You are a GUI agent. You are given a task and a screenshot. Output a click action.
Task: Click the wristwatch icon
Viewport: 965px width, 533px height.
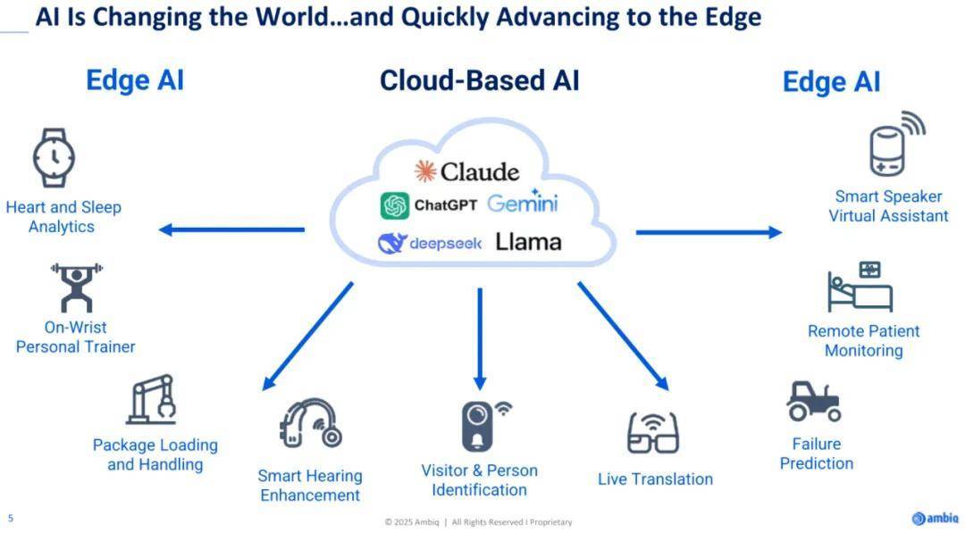tap(55, 158)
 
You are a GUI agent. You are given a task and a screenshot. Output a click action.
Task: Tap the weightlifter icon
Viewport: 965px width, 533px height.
tap(76, 287)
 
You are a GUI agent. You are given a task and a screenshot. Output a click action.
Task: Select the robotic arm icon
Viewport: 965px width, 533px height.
tap(151, 400)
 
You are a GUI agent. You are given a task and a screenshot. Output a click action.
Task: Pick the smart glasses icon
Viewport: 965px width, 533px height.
tap(653, 433)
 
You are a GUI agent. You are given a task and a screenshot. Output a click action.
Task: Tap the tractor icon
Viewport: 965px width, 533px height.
tap(814, 402)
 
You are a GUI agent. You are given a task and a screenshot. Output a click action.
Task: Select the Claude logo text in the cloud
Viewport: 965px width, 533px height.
tap(480, 171)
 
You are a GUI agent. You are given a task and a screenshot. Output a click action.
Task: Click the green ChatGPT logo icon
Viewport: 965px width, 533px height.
tap(395, 205)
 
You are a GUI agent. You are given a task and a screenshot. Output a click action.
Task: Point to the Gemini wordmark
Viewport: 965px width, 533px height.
tap(523, 202)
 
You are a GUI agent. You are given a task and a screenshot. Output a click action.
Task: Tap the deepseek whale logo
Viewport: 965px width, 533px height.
tap(392, 244)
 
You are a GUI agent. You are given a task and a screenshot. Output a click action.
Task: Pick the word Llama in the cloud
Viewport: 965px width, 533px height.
tap(529, 242)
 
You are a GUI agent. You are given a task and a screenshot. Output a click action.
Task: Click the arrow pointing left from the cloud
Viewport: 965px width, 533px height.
tap(231, 230)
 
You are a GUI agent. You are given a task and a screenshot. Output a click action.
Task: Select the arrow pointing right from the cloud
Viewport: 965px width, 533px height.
tap(709, 232)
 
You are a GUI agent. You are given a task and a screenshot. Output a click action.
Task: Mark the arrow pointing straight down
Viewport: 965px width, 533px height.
tap(480, 338)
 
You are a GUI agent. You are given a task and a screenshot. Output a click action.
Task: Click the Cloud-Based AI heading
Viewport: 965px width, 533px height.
tap(480, 80)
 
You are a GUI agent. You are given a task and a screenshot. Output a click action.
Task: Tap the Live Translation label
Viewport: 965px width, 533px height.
tap(656, 479)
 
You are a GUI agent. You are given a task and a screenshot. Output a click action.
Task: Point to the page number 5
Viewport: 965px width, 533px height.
tap(11, 518)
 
